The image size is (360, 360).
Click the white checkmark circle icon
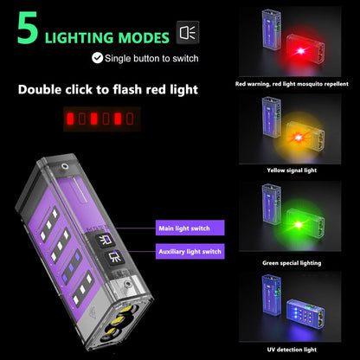point(97,58)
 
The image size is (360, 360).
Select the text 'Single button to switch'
point(151,58)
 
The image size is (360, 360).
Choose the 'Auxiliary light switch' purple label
point(189,251)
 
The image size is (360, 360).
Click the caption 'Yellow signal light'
point(293,170)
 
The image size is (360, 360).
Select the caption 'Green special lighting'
point(293,261)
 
